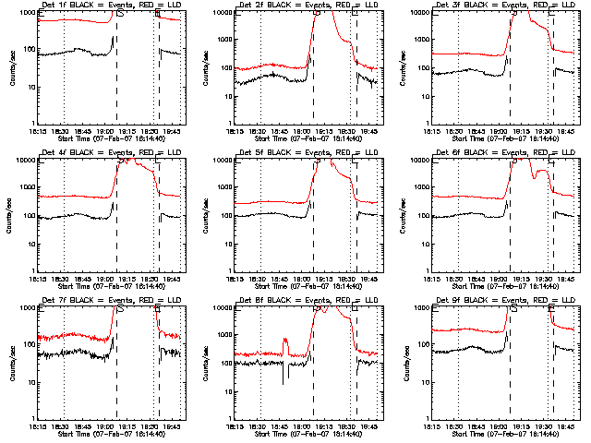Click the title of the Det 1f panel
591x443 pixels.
pyautogui.click(x=110, y=6)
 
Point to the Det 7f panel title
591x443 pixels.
pyautogui.click(x=110, y=301)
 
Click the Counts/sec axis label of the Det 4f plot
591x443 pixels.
pyautogui.click(x=13, y=215)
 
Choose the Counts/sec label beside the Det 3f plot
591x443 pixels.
pyautogui.click(x=406, y=67)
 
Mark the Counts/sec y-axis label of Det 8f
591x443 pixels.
pyautogui.click(x=210, y=363)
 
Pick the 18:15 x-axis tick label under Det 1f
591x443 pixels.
pyautogui.click(x=39, y=131)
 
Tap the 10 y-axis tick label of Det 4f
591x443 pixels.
pyautogui.click(x=29, y=244)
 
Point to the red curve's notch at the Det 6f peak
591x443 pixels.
pyautogui.click(x=534, y=175)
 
